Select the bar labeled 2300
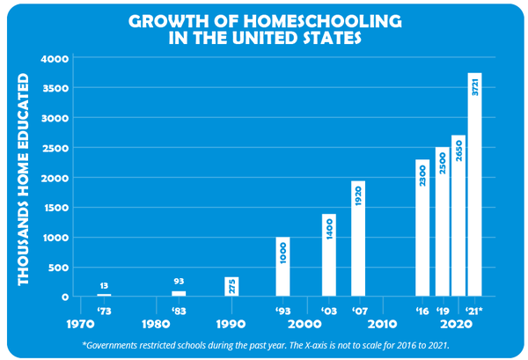click(422, 229)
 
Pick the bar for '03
click(328, 255)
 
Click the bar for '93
click(282, 268)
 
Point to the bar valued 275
click(231, 287)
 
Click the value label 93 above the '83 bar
click(179, 282)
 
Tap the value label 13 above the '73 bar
click(104, 285)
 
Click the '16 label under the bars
click(422, 312)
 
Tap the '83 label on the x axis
click(179, 312)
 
